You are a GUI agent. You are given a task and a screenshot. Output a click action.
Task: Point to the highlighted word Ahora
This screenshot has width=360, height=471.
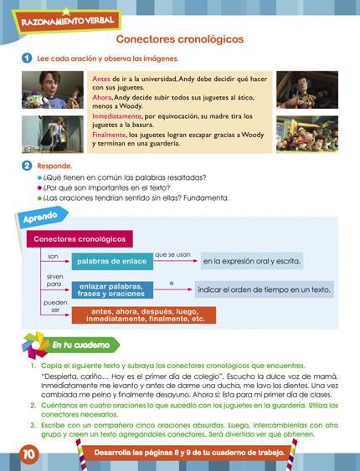(x=101, y=97)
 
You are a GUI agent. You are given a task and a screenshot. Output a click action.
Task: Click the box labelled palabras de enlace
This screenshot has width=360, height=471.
(x=111, y=262)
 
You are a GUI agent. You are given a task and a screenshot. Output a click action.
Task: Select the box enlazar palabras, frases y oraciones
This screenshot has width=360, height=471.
(x=111, y=290)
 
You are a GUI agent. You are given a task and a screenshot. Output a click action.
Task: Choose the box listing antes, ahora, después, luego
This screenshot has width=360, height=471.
(x=145, y=315)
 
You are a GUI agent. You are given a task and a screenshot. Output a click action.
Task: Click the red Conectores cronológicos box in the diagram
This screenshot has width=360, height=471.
(x=79, y=239)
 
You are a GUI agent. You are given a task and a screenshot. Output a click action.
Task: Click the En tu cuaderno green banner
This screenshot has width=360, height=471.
(x=80, y=345)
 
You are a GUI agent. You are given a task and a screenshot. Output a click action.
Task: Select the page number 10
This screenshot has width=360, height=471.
(x=28, y=454)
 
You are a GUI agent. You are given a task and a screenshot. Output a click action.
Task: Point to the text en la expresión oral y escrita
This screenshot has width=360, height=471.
(x=252, y=262)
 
